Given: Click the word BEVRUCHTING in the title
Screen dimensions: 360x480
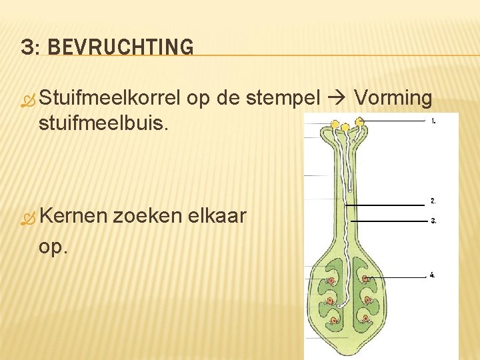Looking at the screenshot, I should pos(121,47).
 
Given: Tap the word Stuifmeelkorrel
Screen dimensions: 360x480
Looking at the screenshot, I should pos(110,99).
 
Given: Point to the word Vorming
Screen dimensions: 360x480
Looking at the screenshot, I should pos(393,99).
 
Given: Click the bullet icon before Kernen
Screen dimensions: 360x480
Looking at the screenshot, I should pos(27,219).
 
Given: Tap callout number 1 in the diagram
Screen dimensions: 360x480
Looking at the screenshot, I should pos(433,121).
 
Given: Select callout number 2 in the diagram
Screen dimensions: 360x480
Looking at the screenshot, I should pos(433,201).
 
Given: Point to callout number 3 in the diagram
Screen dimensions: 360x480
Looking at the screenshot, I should pos(433,221).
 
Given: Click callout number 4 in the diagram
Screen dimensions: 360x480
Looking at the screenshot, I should pos(433,275).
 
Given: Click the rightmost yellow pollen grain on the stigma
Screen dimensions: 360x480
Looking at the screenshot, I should pos(360,122).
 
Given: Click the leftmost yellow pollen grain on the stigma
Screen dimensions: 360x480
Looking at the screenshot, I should pos(333,125).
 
